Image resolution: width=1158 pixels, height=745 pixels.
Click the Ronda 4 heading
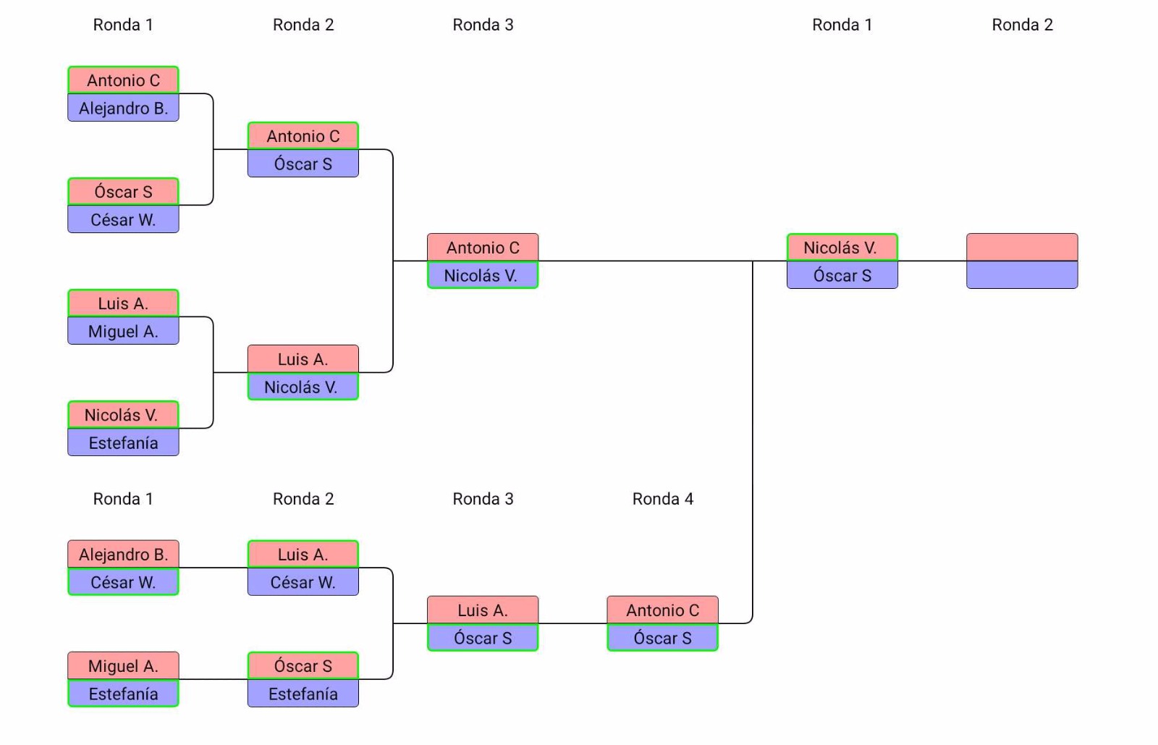(662, 499)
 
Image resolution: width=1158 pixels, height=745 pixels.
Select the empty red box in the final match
(1022, 247)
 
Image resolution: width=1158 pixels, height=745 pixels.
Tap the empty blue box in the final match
(1022, 275)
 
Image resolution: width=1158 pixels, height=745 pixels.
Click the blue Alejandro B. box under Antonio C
(123, 108)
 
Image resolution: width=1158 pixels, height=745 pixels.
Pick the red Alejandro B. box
(123, 555)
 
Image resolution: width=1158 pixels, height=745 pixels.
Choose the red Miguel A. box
(123, 666)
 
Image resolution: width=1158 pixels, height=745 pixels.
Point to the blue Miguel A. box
(123, 331)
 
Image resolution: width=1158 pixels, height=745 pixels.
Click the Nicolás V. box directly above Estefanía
(123, 415)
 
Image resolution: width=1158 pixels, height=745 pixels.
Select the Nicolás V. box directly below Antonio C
(483, 275)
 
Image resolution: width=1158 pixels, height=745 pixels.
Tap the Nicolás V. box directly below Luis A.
(303, 387)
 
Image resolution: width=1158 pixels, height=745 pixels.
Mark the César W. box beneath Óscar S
(123, 219)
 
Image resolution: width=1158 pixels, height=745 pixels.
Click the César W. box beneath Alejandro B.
(123, 582)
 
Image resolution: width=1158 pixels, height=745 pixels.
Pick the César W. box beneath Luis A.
(303, 582)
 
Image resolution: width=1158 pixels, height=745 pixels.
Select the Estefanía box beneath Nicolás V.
(123, 442)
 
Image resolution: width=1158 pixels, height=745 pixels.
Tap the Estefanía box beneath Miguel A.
(123, 694)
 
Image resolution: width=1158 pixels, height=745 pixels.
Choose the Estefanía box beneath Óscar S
(303, 694)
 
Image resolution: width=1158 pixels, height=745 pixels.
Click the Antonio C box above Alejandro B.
(123, 80)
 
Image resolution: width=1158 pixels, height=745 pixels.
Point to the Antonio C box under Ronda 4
(662, 610)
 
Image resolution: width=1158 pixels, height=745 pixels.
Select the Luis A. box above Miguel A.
(123, 303)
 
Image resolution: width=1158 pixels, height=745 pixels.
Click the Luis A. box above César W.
(303, 555)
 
